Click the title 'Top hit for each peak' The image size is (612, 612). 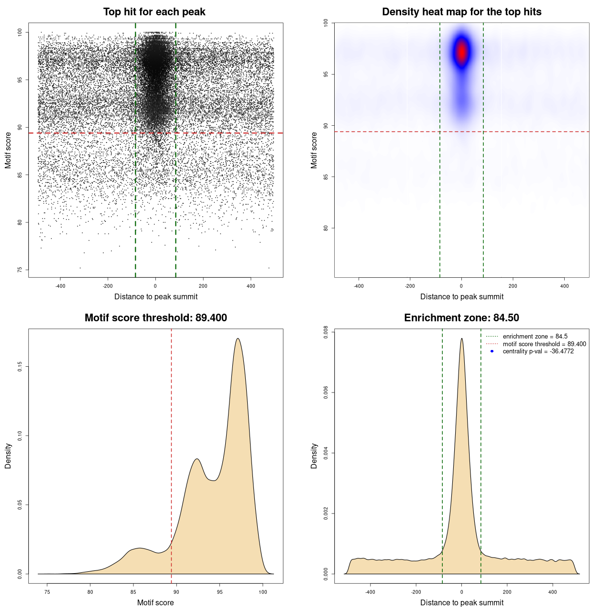point(154,12)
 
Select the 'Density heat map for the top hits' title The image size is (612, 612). point(461,12)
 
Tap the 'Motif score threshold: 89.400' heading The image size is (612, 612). point(155,318)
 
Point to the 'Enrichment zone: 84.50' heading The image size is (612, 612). point(461,318)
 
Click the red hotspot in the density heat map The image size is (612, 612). point(461,51)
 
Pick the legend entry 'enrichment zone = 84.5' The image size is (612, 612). point(535,337)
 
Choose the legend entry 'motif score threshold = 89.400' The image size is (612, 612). point(544,344)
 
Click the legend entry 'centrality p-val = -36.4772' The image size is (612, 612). point(538,351)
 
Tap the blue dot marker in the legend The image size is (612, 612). point(492,351)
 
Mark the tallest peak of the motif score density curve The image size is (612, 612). point(238,339)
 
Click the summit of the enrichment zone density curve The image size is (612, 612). point(461,339)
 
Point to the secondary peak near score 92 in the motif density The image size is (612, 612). point(197,459)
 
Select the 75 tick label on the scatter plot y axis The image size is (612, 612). point(20,270)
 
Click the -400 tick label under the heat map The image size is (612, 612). point(359,286)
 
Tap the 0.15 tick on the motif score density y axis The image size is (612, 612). point(20,367)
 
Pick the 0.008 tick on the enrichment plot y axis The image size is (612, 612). point(326,332)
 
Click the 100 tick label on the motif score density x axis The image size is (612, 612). point(262,592)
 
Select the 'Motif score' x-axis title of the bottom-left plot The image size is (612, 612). point(155,602)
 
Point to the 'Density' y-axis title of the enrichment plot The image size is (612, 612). point(314,456)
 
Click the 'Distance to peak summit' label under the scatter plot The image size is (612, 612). point(156,296)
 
